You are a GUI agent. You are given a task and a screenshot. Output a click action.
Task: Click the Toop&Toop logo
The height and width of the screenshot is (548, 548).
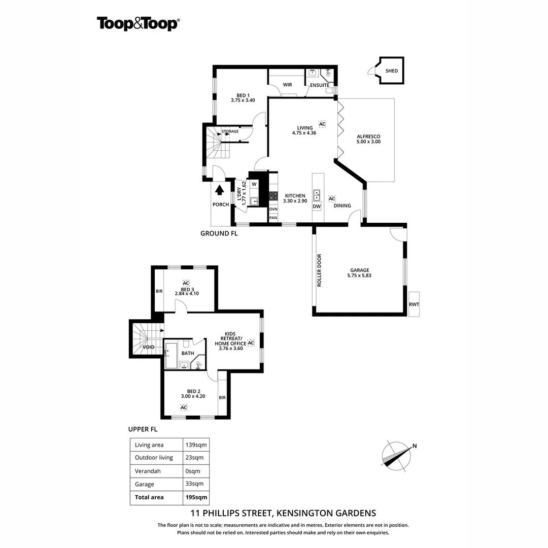click(x=138, y=23)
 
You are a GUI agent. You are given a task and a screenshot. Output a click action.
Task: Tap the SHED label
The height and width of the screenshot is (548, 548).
click(x=392, y=71)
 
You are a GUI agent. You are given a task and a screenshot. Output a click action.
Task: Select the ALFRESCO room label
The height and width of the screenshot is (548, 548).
click(x=368, y=136)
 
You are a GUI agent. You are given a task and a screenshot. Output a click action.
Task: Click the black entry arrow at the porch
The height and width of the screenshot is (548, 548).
click(x=220, y=189)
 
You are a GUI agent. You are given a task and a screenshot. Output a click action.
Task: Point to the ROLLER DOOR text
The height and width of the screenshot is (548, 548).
click(x=319, y=270)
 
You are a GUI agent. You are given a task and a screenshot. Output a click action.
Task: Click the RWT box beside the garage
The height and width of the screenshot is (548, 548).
click(x=414, y=304)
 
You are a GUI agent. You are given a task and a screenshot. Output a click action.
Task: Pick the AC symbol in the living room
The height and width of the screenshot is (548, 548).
click(x=322, y=124)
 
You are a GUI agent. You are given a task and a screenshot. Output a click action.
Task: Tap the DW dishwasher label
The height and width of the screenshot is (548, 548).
click(x=317, y=207)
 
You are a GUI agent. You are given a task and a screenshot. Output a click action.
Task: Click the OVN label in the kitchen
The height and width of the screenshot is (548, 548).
click(x=273, y=209)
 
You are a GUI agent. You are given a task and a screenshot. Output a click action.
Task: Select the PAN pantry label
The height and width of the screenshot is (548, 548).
click(x=273, y=218)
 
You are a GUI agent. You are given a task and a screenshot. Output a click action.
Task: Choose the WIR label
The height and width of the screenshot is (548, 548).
click(x=287, y=85)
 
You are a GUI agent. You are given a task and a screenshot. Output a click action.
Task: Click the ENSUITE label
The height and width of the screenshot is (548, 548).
click(x=320, y=85)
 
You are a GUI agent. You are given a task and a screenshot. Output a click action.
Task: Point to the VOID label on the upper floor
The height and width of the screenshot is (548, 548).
click(x=149, y=347)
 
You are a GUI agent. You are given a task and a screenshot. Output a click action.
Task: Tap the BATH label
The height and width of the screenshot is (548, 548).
click(x=188, y=353)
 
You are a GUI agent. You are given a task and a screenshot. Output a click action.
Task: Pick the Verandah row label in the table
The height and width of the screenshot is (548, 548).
click(x=148, y=471)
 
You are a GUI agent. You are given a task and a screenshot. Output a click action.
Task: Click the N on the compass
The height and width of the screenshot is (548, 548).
click(x=415, y=446)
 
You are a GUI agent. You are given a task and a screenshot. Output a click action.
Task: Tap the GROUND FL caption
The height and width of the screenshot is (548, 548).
click(x=219, y=234)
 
